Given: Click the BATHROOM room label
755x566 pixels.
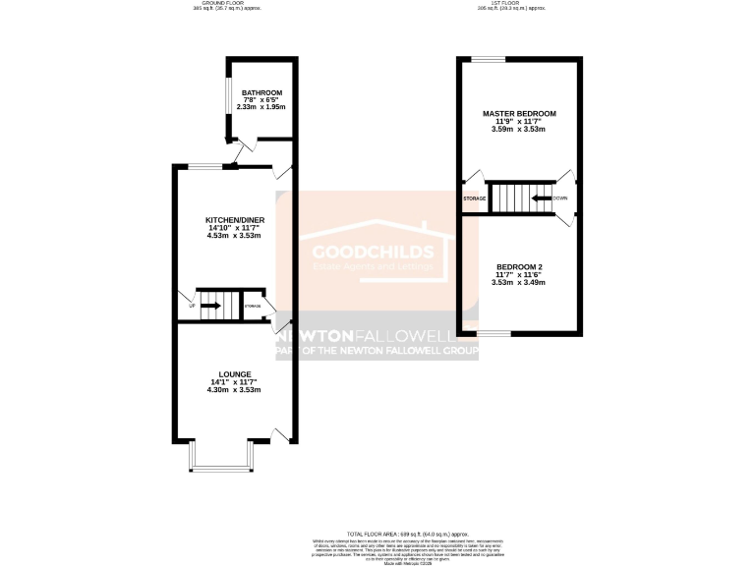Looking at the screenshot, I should tap(261, 92).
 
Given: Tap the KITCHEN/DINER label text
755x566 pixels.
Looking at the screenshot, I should tap(233, 219).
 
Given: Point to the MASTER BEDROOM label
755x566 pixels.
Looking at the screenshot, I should tap(519, 114).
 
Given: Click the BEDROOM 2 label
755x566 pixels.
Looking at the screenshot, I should tap(519, 266).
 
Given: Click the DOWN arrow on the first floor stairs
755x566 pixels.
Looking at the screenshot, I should tap(541, 198).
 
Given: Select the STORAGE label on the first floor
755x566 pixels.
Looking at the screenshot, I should tap(475, 198).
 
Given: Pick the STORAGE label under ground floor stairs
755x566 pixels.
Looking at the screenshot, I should tap(254, 307).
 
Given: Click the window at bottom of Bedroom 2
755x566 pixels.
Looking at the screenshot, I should tap(494, 333).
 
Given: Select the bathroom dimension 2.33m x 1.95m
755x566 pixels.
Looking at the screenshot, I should tap(261, 107).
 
